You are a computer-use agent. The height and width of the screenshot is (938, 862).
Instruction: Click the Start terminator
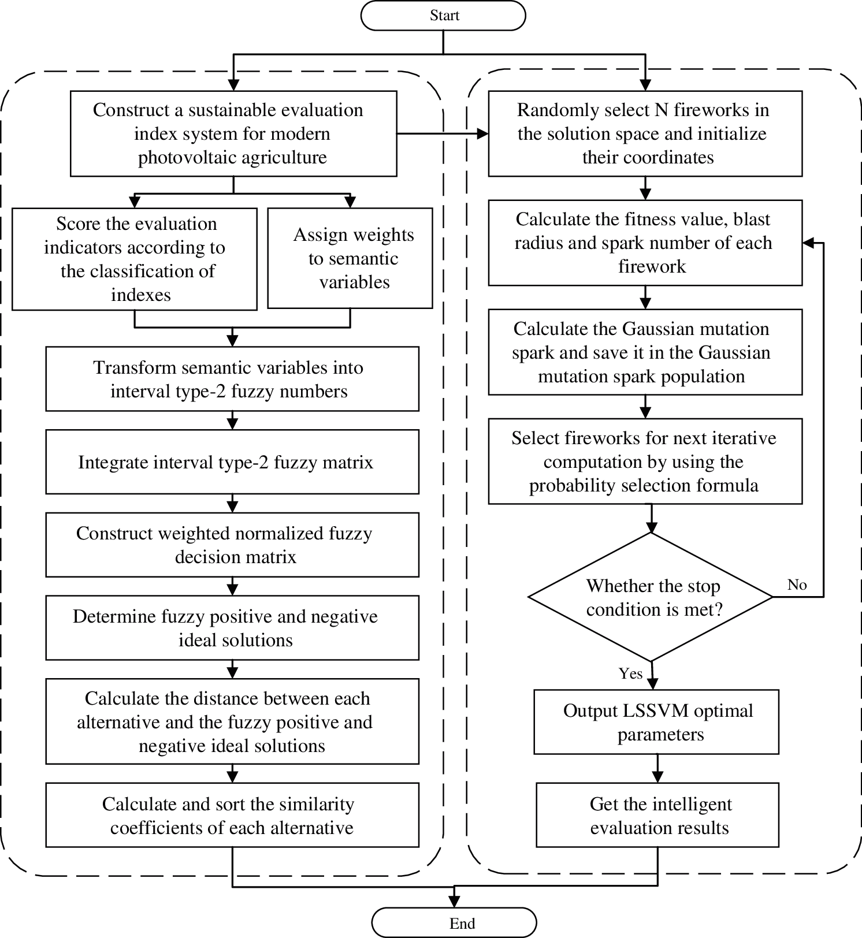443,16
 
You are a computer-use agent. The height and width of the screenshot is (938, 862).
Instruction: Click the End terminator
454,923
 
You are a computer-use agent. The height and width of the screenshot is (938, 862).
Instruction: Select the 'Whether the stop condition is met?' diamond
651,597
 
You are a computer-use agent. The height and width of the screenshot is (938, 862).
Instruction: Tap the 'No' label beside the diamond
797,585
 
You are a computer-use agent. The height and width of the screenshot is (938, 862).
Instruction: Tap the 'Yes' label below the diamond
630,673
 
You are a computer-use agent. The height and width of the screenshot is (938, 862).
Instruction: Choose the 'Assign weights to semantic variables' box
350,258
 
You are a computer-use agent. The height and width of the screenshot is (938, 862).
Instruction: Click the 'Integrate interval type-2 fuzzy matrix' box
232,462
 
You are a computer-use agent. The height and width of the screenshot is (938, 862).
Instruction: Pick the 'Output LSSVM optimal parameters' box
656,722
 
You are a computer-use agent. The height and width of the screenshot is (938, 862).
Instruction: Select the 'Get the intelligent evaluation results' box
657,815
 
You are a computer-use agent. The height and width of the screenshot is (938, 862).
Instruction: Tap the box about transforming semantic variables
232,379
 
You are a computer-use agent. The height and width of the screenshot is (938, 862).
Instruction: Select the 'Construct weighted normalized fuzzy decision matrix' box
232,545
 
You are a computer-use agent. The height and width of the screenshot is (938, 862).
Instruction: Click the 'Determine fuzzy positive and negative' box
232,628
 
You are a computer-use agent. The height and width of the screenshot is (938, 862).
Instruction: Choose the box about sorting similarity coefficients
232,815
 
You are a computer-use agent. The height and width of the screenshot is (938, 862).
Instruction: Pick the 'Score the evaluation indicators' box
135,259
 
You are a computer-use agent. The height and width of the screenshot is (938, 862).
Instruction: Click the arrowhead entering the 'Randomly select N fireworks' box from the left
483,134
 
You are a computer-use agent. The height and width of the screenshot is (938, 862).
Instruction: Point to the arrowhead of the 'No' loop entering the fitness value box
808,243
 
